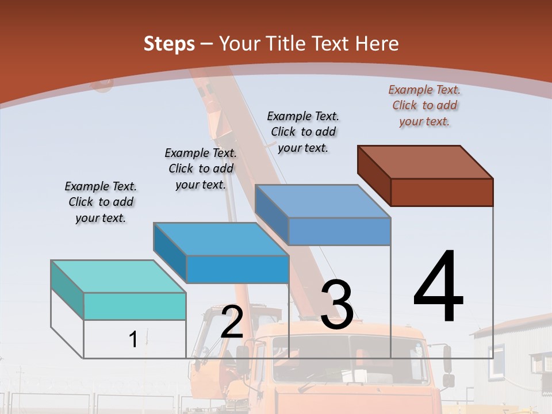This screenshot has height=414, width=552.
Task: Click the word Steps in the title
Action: (169, 44)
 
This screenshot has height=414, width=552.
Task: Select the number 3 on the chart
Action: (336, 305)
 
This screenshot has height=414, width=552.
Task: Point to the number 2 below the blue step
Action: (232, 322)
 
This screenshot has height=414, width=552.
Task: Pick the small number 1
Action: (133, 339)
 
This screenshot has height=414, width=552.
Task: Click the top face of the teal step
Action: (118, 276)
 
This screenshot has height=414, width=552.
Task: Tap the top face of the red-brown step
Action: (425, 162)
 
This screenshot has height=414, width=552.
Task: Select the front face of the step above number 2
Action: (237, 269)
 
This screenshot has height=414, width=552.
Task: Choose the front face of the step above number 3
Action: (339, 232)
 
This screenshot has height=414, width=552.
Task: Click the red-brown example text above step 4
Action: (424, 105)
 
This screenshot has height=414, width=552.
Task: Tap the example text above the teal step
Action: (101, 202)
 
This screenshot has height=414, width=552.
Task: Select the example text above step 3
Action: (303, 132)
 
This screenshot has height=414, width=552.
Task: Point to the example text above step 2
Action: (201, 168)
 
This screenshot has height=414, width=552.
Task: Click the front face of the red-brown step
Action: (442, 192)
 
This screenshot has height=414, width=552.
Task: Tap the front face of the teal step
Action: (135, 306)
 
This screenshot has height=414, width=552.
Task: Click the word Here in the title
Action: (377, 44)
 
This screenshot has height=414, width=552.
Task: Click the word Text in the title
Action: (331, 44)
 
